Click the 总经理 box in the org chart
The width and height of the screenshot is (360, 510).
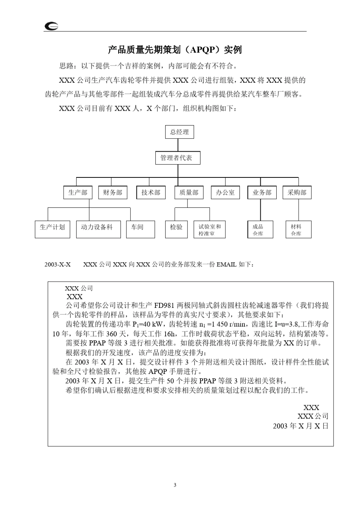pos(180,132)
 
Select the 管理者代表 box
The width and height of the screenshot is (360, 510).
pos(177,158)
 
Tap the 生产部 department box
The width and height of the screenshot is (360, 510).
pos(78,193)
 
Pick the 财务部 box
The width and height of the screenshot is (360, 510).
pos(113,193)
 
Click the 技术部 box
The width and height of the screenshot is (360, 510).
pos(151,193)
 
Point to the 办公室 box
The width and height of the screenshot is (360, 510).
pos(225,193)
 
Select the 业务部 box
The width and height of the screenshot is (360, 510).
pos(262,193)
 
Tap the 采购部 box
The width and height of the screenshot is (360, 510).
pos(297,193)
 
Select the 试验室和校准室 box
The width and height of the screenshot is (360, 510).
pos(209,230)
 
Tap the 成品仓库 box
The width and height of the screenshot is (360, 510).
pos(260,230)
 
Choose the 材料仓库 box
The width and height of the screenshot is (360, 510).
pos(298,230)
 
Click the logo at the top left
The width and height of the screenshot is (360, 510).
pos(51,26)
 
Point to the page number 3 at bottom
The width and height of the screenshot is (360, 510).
pos(175,485)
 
